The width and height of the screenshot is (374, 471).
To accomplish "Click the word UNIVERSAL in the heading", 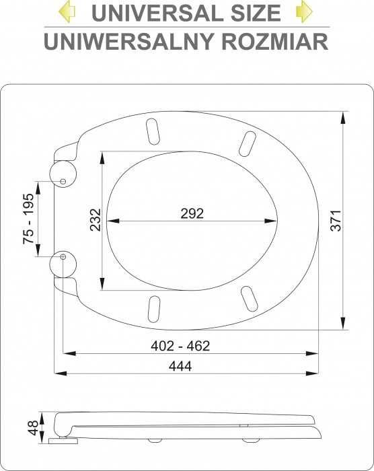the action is pos(155,13).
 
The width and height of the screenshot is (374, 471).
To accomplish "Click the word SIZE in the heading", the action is pos(254,13).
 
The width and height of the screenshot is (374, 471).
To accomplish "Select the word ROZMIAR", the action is pos(275,41).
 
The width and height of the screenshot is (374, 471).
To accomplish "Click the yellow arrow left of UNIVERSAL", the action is pos(67,11).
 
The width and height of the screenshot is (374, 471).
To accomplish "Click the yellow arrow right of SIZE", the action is pos(304,11).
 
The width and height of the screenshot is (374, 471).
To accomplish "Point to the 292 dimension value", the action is pos(192,213).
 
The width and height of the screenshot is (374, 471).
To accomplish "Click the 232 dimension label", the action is pos(96,219).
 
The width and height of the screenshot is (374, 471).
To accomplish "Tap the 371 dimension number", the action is pos(336,221).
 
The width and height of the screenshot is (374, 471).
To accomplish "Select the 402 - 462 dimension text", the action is pos(180,346).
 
